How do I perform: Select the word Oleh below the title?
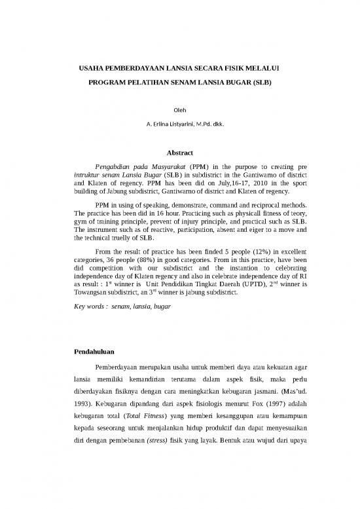pyautogui.click(x=179, y=111)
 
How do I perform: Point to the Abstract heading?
pyautogui.click(x=179, y=152)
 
